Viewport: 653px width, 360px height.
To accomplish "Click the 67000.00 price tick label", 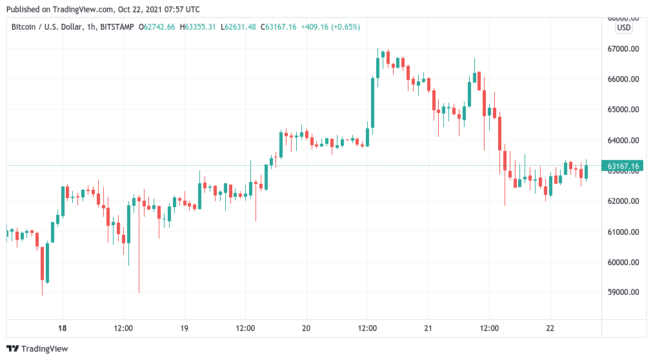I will [623, 49].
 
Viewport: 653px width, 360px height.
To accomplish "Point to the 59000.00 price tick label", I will [623, 292].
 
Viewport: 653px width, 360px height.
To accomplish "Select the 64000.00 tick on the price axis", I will [623, 141].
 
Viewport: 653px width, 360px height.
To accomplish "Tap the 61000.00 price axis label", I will [623, 232].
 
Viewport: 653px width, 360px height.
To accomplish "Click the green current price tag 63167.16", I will [623, 166].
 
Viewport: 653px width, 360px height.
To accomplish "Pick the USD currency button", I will [624, 28].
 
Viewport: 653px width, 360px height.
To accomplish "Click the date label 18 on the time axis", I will [62, 328].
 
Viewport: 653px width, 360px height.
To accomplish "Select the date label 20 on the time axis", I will [306, 328].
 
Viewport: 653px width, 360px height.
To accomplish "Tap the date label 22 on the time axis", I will [549, 328].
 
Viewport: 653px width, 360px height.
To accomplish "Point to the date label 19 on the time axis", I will [184, 328].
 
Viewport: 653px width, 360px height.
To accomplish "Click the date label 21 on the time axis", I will [428, 328].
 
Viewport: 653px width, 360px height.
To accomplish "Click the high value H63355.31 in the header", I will [198, 27].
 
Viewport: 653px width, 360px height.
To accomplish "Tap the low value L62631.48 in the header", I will [238, 27].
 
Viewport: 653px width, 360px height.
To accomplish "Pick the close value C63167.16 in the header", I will [278, 27].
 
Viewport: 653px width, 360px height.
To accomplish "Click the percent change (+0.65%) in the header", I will [345, 27].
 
